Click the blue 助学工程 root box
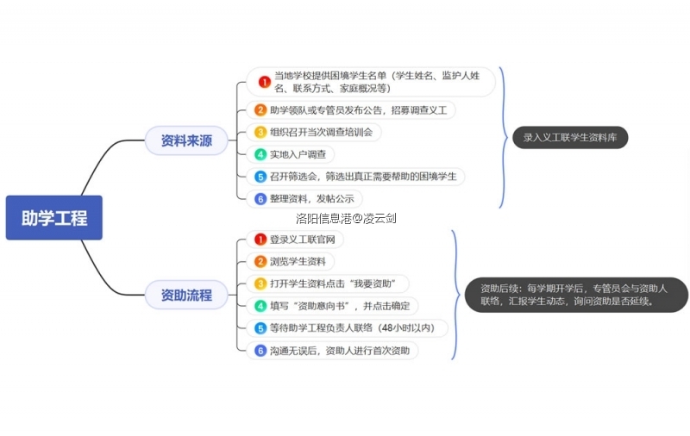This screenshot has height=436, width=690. click(54, 217)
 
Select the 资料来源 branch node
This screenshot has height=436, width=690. click(186, 140)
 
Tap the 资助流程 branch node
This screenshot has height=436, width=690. click(186, 295)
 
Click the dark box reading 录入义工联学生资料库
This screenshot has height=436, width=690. click(570, 138)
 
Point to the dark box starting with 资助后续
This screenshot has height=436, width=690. click(576, 295)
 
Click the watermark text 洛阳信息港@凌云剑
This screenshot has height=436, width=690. click(346, 218)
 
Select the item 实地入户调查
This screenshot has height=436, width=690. click(291, 154)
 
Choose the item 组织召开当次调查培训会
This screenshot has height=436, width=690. click(314, 132)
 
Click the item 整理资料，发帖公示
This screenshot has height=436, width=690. click(304, 199)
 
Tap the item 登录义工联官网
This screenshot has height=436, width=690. click(295, 239)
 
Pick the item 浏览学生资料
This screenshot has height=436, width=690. click(291, 261)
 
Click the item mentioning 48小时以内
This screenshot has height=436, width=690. click(348, 328)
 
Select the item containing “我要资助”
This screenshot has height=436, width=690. click(328, 283)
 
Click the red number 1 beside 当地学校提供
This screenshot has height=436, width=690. click(265, 82)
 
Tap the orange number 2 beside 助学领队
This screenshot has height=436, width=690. click(260, 110)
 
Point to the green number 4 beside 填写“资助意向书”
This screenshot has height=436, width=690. click(260, 306)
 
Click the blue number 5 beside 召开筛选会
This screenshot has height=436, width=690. click(260, 177)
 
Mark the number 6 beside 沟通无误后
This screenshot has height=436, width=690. click(260, 351)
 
